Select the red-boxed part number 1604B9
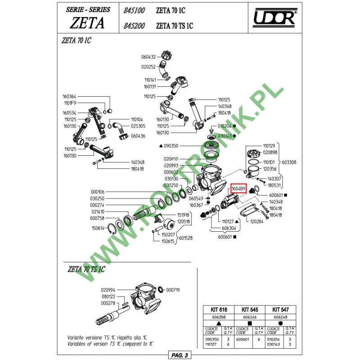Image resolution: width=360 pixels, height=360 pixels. tap(238, 189)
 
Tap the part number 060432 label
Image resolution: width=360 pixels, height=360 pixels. tap(148, 57)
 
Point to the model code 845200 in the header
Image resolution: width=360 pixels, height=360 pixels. tap(134, 26)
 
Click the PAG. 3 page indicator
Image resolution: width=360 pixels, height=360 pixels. tap(179, 355)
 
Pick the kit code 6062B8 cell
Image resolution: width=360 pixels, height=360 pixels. tap(219, 318)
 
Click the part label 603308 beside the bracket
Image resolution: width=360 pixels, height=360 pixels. tap(288, 162)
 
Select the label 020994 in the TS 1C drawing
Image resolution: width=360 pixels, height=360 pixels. tap(108, 290)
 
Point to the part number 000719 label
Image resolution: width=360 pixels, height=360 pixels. tap(173, 290)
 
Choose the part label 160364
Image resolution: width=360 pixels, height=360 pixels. tap(70, 96)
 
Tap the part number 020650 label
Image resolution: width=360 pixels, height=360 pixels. tap(171, 159)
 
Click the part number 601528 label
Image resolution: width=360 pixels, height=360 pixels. tap(185, 238)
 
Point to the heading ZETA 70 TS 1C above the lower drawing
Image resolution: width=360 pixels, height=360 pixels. tap(86, 270)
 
